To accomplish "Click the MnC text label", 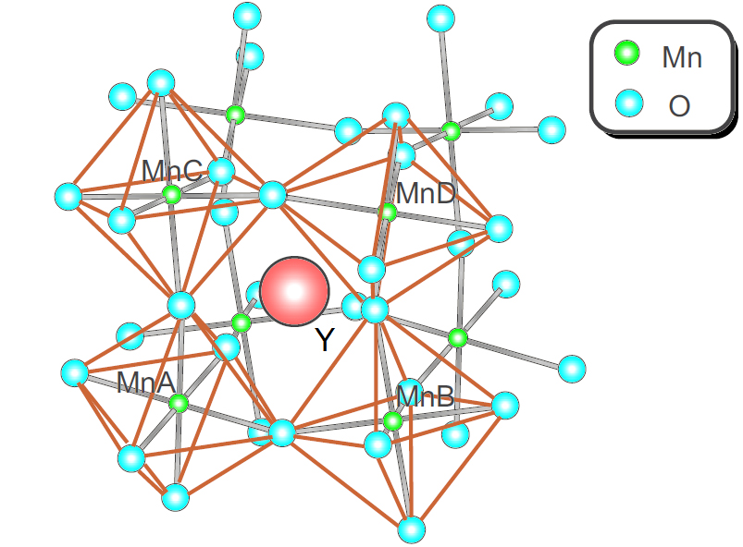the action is pos(172,170).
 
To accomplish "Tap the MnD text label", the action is pos(426,193).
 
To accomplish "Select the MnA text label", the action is pos(146,383).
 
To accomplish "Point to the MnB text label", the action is pos(426,396).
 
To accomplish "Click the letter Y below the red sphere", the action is pos(325,339).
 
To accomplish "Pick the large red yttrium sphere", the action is pos(295,291).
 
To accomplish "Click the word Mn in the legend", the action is pos(682,57).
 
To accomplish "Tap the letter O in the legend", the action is pos(679,106).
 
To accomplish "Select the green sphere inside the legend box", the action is pos(627,53).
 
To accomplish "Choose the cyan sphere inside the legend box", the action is pos(629,103).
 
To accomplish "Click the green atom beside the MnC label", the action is pos(172,194).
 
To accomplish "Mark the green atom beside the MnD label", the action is pos(388,212).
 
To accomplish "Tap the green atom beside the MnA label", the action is pos(179,404).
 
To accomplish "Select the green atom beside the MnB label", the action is pos(392,420).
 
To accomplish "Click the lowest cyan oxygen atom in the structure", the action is pos(412,529).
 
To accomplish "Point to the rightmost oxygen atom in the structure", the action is pos(572,369).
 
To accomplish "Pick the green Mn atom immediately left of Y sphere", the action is pos(241,323).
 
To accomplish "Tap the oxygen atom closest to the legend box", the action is pos(552,129).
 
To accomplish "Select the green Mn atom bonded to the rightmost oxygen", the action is pos(458,338).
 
